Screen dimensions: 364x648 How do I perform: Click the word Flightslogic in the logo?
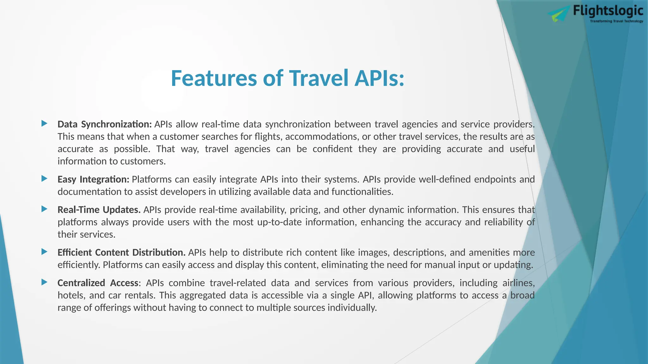[608, 11]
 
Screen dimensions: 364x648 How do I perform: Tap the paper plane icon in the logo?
[559, 15]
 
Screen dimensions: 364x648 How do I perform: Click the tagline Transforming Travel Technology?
[616, 21]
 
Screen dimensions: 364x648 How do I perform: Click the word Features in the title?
[214, 78]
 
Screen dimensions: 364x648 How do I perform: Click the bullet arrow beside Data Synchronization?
[45, 124]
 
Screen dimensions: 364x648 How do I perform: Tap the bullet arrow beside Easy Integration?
[45, 179]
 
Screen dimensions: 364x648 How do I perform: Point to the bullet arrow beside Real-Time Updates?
[45, 209]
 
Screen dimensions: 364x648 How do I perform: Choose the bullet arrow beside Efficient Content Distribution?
[45, 252]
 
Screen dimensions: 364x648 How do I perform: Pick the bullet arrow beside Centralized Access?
[45, 282]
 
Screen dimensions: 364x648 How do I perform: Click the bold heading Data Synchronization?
[105, 124]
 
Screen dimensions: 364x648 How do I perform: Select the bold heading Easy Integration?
[93, 179]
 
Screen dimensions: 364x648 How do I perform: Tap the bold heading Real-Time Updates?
[99, 210]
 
